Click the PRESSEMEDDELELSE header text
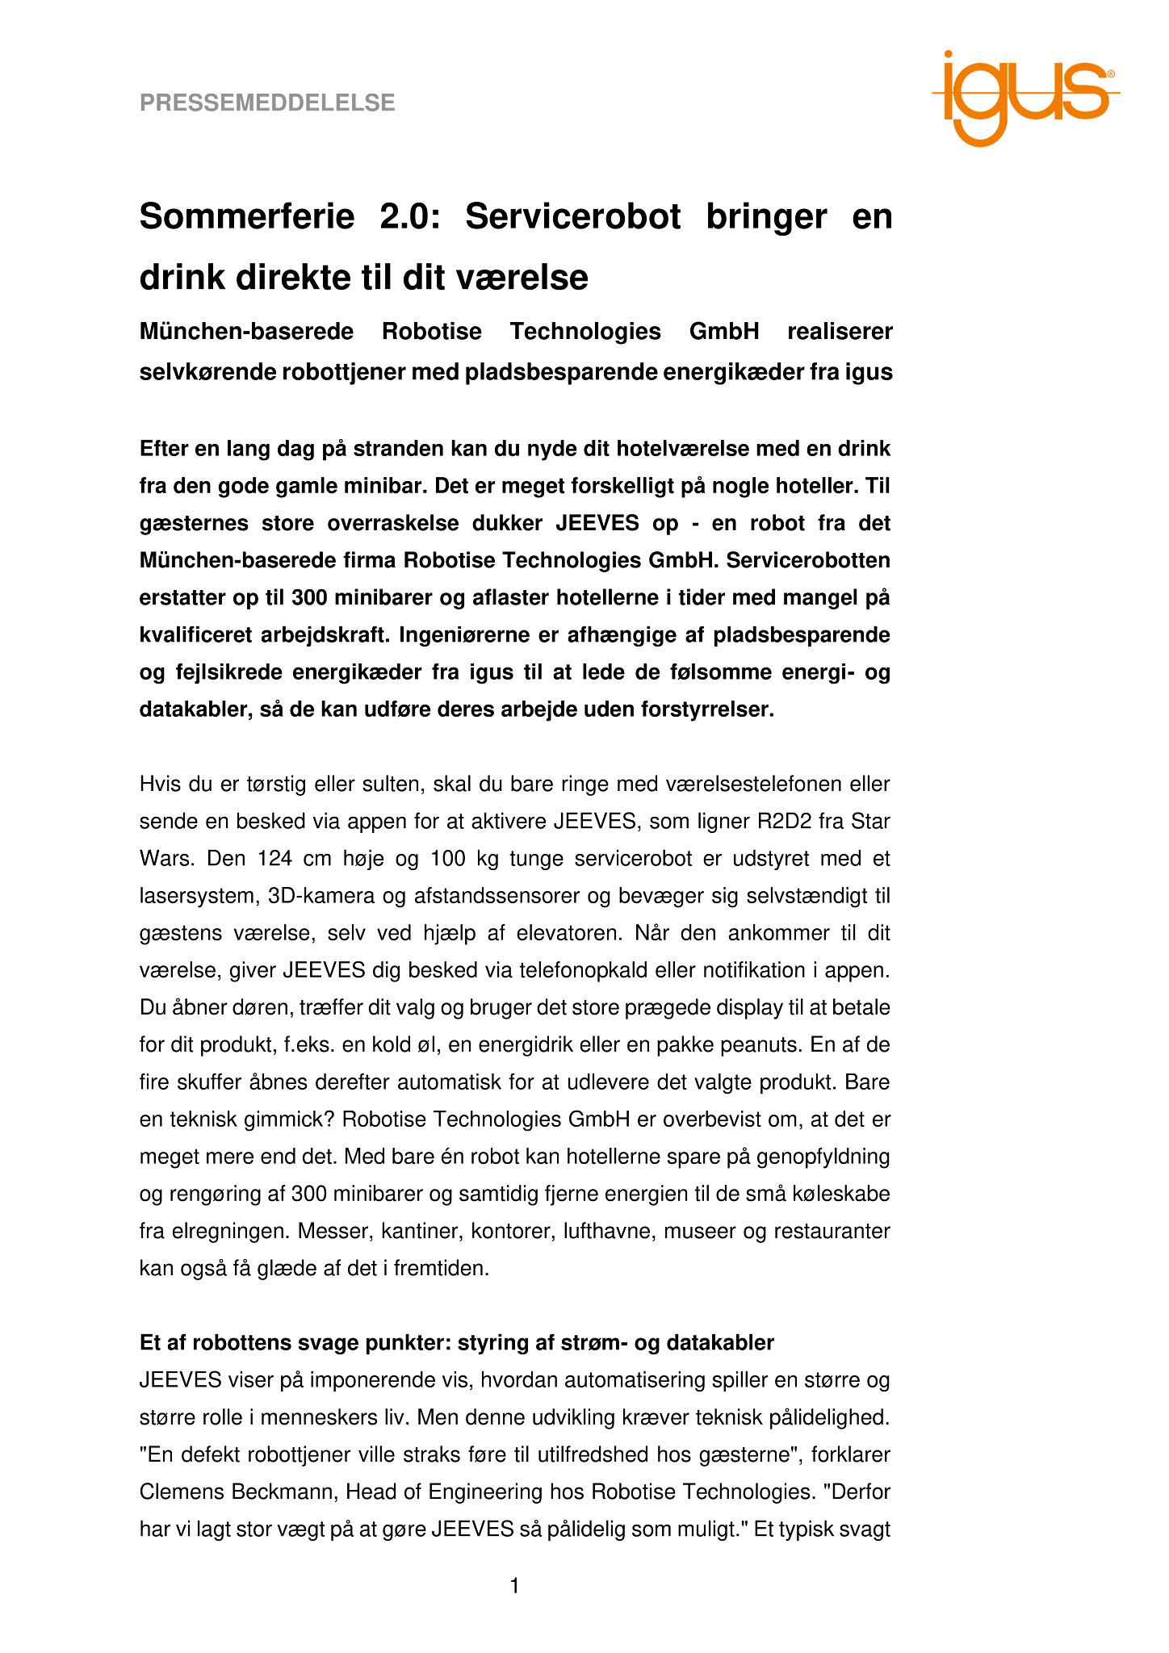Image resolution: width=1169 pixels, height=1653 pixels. pyautogui.click(x=267, y=103)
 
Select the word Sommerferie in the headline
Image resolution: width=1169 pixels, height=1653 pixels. pyautogui.click(x=247, y=216)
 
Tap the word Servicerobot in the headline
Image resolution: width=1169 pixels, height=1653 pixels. pyautogui.click(x=572, y=216)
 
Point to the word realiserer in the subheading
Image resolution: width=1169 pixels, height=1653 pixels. pyautogui.click(x=840, y=332)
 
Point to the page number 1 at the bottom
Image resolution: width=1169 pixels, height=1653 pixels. pyautogui.click(x=514, y=1587)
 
